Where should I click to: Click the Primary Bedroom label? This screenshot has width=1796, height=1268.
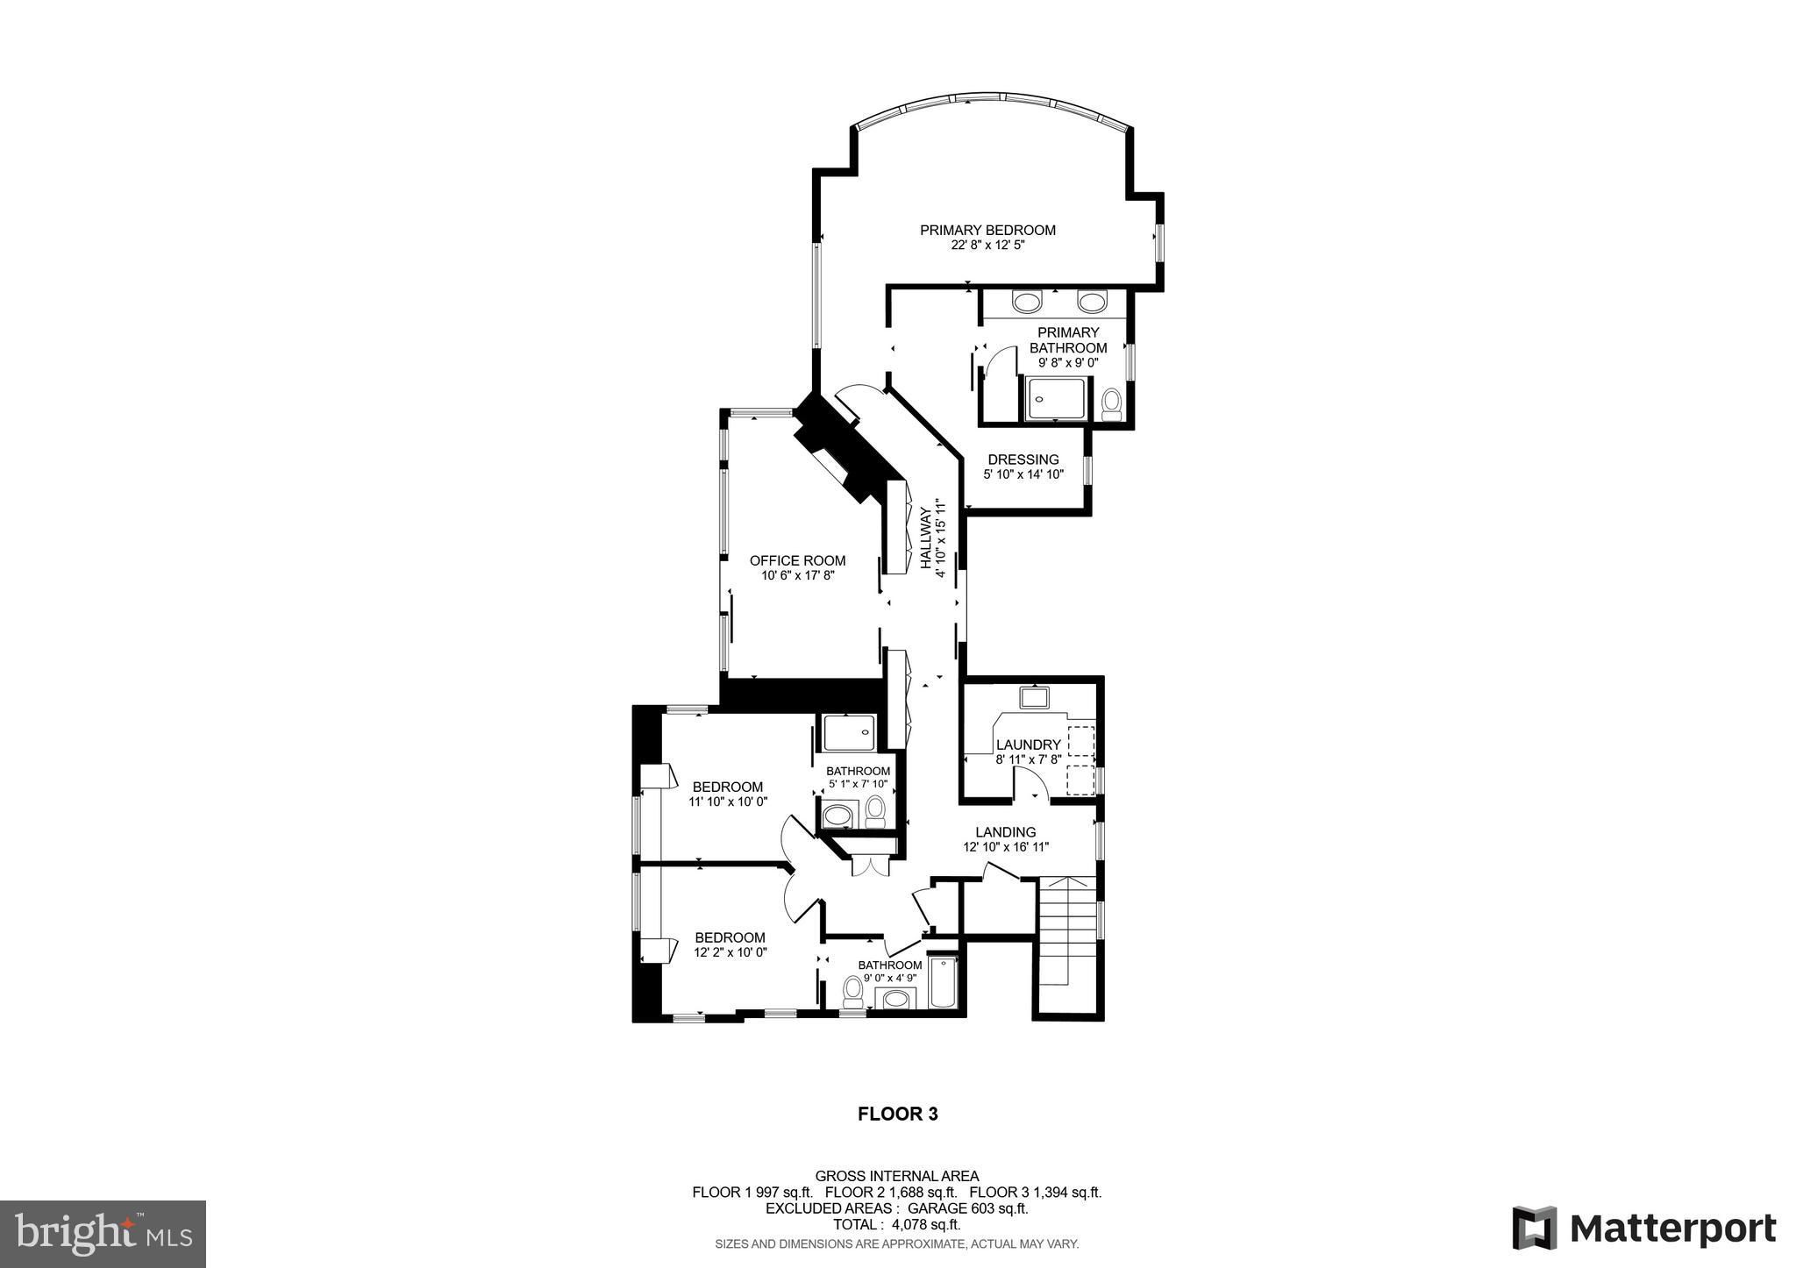(987, 231)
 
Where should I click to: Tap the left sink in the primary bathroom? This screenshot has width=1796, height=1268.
(1025, 303)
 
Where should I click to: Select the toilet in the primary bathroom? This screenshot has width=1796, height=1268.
(1111, 404)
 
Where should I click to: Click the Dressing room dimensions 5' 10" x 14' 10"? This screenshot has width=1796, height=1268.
(1023, 474)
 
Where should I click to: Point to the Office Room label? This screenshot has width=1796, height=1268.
(797, 561)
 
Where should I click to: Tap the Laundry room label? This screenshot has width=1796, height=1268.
(1028, 745)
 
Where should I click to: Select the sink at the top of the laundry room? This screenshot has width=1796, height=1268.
(1035, 698)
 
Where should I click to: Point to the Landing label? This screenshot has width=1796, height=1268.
(1006, 832)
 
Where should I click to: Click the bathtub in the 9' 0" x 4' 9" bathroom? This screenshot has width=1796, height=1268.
(943, 984)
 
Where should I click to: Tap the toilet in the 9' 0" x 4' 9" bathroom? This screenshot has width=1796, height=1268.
(852, 992)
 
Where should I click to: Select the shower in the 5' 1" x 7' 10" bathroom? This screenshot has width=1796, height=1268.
(848, 733)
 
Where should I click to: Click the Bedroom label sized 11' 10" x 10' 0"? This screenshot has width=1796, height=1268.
(728, 787)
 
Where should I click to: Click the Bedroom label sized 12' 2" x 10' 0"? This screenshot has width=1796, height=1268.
(730, 937)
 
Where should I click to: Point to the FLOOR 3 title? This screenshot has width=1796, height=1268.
(897, 1115)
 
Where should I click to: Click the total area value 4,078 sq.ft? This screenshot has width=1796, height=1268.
(925, 1225)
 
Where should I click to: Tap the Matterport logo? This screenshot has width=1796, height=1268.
(1643, 1229)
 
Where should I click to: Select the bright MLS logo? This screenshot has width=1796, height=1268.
(103, 1235)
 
